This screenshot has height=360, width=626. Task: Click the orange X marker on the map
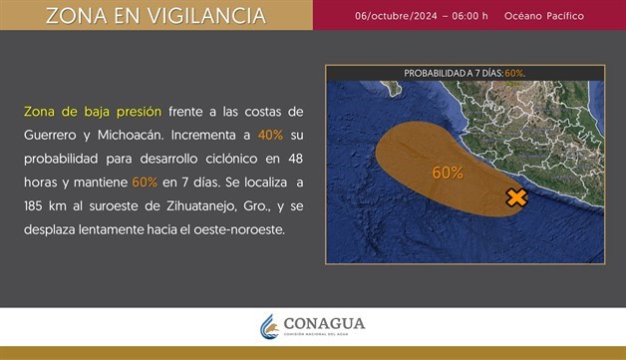pyautogui.click(x=516, y=197)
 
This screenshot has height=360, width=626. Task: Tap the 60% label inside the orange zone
pyautogui.click(x=448, y=173)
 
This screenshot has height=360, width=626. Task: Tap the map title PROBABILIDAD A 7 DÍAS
pyautogui.click(x=453, y=73)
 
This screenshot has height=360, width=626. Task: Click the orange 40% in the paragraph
pyautogui.click(x=270, y=135)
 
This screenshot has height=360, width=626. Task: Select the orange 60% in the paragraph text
pyautogui.click(x=145, y=182)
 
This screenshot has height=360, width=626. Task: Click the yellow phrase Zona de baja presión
pyautogui.click(x=91, y=111)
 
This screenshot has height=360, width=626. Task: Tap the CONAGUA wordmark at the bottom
pyautogui.click(x=324, y=324)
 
